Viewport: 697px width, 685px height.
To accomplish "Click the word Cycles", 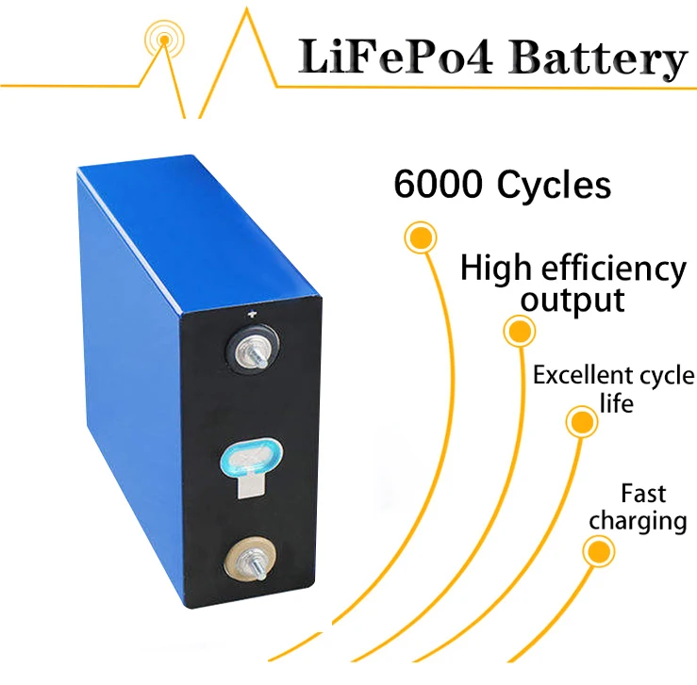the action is coord(554,186).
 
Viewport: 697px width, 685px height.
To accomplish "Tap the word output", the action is coord(573,301).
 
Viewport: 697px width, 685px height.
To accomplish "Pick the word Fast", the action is coord(643,493).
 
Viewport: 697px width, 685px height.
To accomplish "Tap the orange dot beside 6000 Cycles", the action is coord(420,236).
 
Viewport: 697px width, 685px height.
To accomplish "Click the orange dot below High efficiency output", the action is coord(519,331).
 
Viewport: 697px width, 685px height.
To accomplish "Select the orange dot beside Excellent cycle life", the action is coord(578,420).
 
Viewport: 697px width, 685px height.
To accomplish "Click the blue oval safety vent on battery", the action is coord(251,458).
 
